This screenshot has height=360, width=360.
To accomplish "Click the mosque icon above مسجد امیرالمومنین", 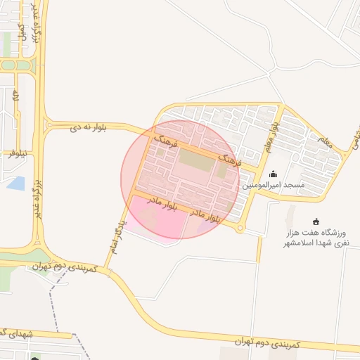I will pos(274,174).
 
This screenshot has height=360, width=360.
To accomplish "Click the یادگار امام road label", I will pos(115,235).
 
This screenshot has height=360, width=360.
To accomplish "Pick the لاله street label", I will pos(15,98).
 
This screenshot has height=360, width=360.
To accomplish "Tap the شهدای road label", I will pos(10,331).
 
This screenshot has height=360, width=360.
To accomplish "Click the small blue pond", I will pos(15,184).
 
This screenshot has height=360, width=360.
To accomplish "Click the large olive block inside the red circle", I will pos(195,160).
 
